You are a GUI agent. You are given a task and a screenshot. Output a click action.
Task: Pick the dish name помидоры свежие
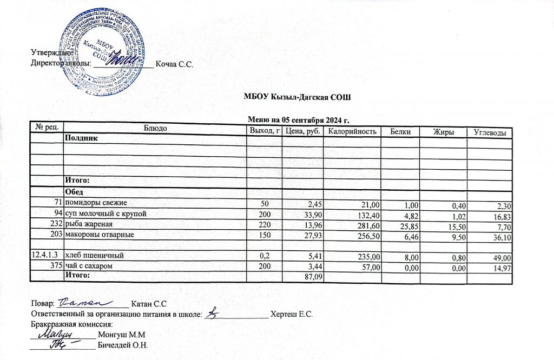pyautogui.click(x=96, y=203)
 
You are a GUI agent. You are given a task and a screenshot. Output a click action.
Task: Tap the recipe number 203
pyautogui.click(x=56, y=235)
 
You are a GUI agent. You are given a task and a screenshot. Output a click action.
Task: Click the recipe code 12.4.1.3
pyautogui.click(x=47, y=254)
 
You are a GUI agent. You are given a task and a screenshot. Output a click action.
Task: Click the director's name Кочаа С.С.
pyautogui.click(x=174, y=65)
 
